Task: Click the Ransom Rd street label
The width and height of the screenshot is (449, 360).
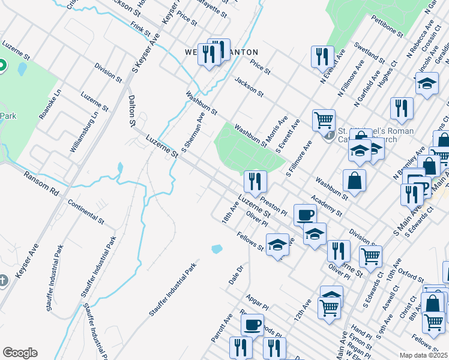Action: pyautogui.click(x=42, y=184)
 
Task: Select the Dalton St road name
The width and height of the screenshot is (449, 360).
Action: pyautogui.click(x=131, y=110)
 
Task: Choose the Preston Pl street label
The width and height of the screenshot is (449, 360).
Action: pyautogui.click(x=275, y=205)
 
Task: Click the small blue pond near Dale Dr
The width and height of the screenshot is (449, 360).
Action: pyautogui.click(x=217, y=248)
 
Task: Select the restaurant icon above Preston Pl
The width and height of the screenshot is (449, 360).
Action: pyautogui.click(x=255, y=181)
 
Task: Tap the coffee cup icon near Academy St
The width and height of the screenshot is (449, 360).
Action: pyautogui.click(x=305, y=214)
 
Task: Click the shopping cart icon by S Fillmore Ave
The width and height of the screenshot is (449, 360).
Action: pyautogui.click(x=324, y=119)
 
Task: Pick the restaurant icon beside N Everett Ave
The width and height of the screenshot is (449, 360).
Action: pyautogui.click(x=322, y=56)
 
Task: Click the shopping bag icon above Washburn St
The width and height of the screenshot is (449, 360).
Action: pyautogui.click(x=355, y=180)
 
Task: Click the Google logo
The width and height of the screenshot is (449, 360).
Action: pyautogui.click(x=20, y=353)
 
